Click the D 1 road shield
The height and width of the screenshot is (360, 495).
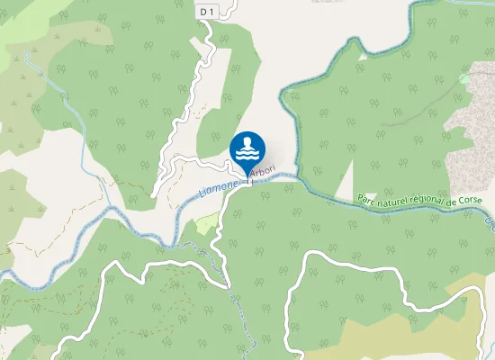click(x=207, y=10)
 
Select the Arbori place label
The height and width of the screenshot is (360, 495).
click(x=263, y=171)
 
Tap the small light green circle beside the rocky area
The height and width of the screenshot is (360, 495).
click(x=463, y=79)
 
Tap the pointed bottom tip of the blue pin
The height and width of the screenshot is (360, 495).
click(x=247, y=176)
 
